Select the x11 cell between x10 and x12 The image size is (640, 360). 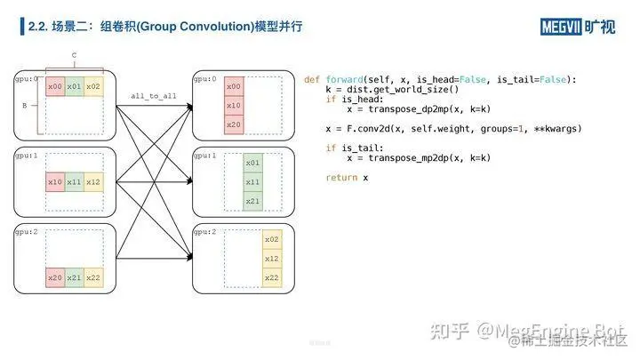tap(75, 181)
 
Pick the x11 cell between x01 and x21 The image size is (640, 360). tap(252, 181)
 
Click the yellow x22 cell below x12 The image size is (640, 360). tap(271, 277)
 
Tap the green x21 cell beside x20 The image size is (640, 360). tap(75, 277)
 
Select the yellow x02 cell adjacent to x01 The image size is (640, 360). tap(93, 86)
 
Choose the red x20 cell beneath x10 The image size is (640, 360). tap(233, 124)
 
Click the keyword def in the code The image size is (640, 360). tap(312, 80)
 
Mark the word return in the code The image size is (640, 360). tap(340, 178)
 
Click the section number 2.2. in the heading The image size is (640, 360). tap(39, 27)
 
